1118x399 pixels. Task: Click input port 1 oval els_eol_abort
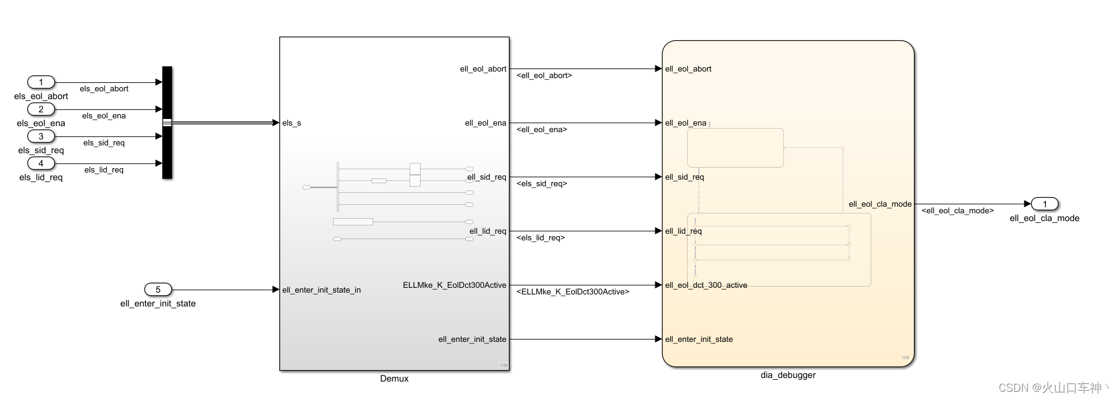[x=41, y=82]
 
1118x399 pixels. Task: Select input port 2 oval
[x=41, y=109]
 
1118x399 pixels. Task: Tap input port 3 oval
[x=41, y=136]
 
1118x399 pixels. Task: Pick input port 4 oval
[x=41, y=163]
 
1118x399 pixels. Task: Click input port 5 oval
[x=158, y=290]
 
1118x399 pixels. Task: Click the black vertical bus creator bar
[x=167, y=123]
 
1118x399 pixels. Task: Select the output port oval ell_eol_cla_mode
[x=1044, y=204]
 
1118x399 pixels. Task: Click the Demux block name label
[x=394, y=379]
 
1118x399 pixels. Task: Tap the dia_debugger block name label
[x=788, y=375]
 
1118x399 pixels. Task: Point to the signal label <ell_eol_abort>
[x=544, y=76]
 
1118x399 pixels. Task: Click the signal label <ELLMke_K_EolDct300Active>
[x=573, y=292]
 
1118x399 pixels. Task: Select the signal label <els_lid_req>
[x=541, y=238]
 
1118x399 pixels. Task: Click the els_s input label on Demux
[x=292, y=123]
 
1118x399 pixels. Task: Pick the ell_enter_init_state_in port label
[x=322, y=290]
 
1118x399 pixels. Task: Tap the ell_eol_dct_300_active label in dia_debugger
[x=706, y=285]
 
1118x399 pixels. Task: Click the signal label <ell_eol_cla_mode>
[x=958, y=211]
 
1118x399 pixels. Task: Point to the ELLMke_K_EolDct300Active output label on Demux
[x=454, y=285]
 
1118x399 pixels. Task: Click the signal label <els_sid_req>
[x=542, y=184]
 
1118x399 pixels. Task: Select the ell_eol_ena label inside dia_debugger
[x=686, y=123]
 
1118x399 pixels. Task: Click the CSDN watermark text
[x=1050, y=388]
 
